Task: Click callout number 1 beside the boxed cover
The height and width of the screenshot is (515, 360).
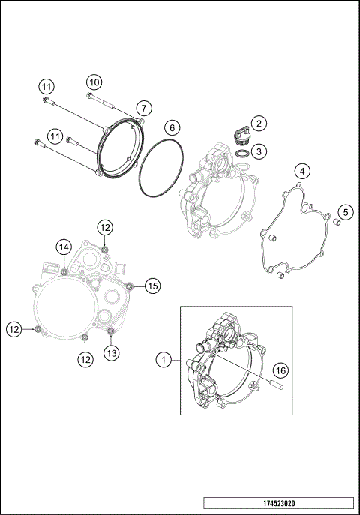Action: (x=162, y=361)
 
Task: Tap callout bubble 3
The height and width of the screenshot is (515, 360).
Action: (x=258, y=152)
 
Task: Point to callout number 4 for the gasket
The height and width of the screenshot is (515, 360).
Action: (x=301, y=171)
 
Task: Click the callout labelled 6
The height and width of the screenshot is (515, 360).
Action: (x=171, y=127)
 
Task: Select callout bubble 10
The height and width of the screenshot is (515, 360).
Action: (x=94, y=82)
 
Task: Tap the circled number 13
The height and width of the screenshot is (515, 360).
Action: (x=111, y=352)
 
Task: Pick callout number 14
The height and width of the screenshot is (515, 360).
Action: (x=64, y=247)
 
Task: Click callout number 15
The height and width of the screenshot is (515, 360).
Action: (x=152, y=286)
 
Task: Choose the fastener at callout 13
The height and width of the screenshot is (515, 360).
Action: (x=110, y=331)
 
